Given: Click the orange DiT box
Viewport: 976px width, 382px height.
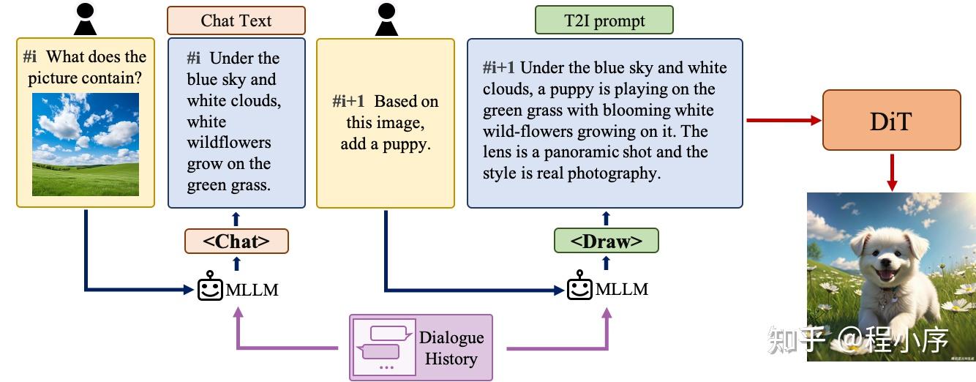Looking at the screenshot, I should click(891, 120).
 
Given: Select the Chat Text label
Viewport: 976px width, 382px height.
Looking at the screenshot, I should click(236, 20).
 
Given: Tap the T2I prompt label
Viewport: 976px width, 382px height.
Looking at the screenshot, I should click(604, 20).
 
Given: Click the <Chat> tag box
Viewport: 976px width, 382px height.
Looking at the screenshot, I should click(236, 241).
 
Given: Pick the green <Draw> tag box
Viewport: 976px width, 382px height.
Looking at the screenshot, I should click(606, 241).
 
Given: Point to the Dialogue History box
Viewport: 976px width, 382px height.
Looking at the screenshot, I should click(421, 348).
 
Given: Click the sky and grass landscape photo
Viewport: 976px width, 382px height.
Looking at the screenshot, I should click(86, 144).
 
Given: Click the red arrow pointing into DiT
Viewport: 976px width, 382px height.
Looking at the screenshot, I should click(783, 120).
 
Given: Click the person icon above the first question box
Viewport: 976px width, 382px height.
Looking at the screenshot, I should click(86, 19).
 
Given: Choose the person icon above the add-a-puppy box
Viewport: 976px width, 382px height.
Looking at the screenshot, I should click(386, 19).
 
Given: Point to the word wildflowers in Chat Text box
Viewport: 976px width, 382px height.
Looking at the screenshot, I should click(229, 143).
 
